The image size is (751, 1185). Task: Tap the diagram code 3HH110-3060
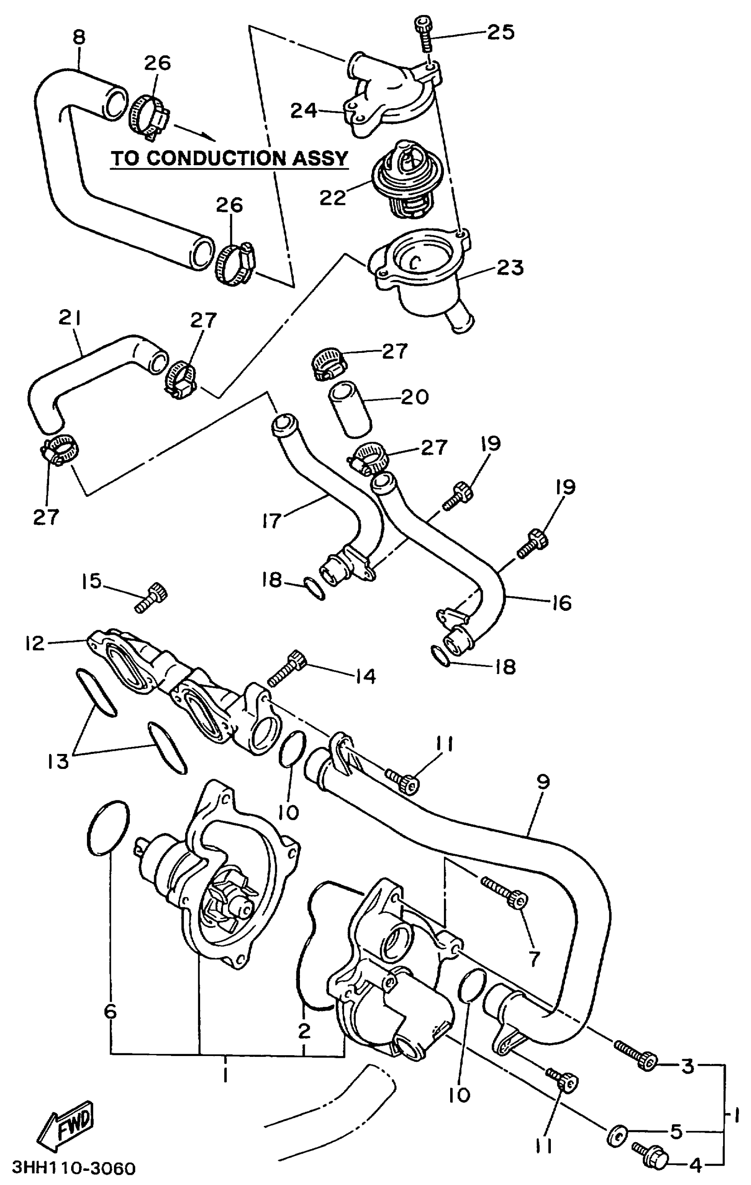tap(73, 1168)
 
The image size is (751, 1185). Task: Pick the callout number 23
tap(510, 268)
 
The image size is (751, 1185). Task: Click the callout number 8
tap(79, 38)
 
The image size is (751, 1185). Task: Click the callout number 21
tap(69, 318)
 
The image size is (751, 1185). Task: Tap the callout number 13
tap(58, 762)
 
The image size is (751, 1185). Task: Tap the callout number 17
tap(271, 520)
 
